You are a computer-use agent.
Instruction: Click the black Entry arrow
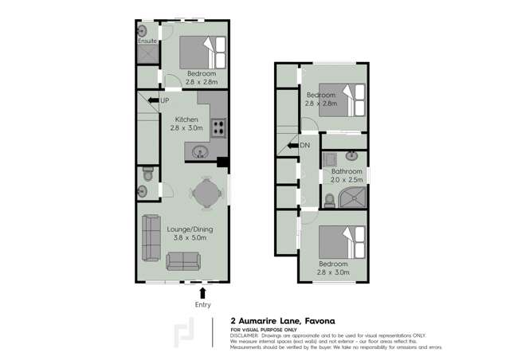pos(202,292)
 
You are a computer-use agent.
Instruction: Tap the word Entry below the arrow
pos(202,304)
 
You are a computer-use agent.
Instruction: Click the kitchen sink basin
pos(199,151)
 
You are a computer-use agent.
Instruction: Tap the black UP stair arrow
pos(154,100)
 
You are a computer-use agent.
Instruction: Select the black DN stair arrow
pos(293,145)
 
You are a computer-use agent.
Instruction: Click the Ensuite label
pos(147,41)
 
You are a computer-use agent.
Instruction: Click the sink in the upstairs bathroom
pos(351,156)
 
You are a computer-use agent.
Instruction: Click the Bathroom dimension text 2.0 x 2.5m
pos(347,180)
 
